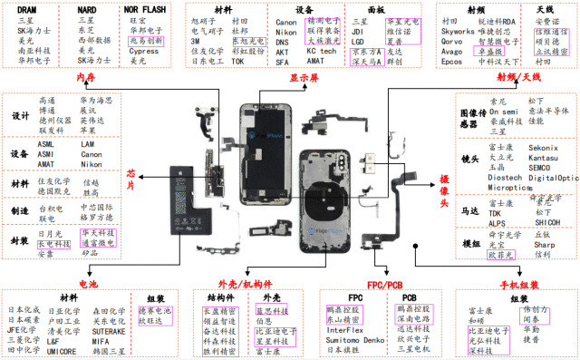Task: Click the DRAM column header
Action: pos(28,7)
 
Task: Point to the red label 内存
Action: pos(86,77)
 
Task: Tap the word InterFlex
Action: pos(345,330)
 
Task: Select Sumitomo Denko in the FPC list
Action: pos(356,339)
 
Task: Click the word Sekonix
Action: pos(544,146)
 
